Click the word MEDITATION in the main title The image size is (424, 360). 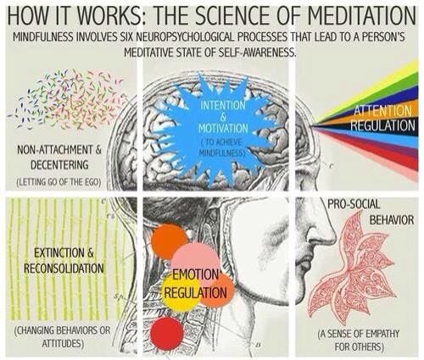[361, 15]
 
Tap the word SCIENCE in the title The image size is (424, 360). [229, 15]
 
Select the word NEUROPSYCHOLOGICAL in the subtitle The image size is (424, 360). [181, 37]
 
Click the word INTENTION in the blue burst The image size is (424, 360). [223, 105]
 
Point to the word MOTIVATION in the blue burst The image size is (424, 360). [223, 129]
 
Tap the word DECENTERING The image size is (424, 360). [59, 165]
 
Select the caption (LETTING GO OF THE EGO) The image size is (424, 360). [59, 182]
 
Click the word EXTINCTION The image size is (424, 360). [59, 253]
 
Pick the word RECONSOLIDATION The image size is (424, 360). [64, 269]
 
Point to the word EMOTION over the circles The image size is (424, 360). [196, 274]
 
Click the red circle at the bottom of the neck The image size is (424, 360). [167, 334]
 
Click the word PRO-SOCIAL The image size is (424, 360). [354, 204]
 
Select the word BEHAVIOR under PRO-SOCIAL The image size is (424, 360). [392, 219]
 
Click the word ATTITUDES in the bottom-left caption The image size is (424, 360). [63, 344]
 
